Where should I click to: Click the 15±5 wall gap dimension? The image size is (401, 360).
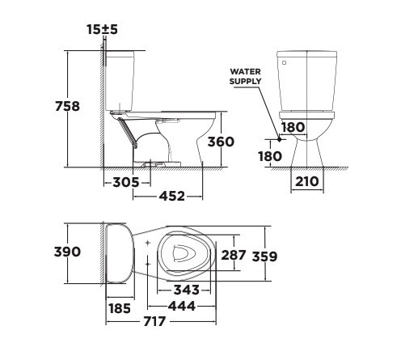coord(103,30)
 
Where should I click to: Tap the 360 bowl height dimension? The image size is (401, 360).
coord(220,142)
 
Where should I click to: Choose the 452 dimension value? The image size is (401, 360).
coord(171,196)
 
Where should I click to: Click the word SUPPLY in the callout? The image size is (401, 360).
coord(245,82)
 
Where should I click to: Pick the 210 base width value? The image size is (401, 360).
coord(306,181)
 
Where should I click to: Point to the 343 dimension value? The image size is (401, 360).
coord(186,290)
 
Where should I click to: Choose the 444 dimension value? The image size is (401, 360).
coord(182,305)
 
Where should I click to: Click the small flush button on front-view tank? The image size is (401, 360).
coord(283,61)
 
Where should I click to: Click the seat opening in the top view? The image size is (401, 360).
coord(182,252)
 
